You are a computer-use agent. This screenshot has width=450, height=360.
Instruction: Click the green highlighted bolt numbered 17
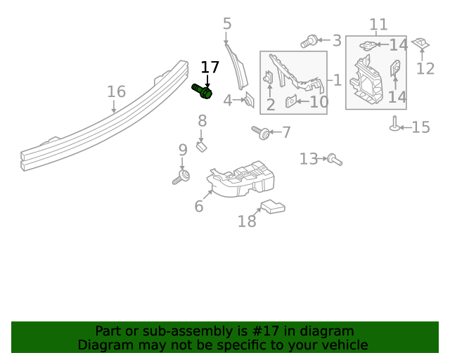pos(202,91)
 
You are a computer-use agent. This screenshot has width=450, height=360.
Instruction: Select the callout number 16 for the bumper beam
pos(116,91)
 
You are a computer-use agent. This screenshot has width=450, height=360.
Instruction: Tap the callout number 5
pos(226,24)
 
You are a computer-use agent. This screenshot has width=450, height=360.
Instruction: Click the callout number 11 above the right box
pos(378,25)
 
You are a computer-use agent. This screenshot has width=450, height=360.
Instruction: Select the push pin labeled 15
pos(395,124)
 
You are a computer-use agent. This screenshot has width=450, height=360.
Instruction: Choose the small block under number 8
pos(201,146)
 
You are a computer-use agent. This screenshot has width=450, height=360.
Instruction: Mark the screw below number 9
pos(181,176)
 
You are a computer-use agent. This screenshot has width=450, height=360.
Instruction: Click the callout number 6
pos(199,206)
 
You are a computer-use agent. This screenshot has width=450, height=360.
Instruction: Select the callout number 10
pos(319,102)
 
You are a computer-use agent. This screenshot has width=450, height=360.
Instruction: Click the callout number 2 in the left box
pos(271,105)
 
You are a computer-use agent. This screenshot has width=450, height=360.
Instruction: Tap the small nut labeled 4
pos(248,101)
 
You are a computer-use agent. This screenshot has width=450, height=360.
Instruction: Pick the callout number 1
pos(337,80)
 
